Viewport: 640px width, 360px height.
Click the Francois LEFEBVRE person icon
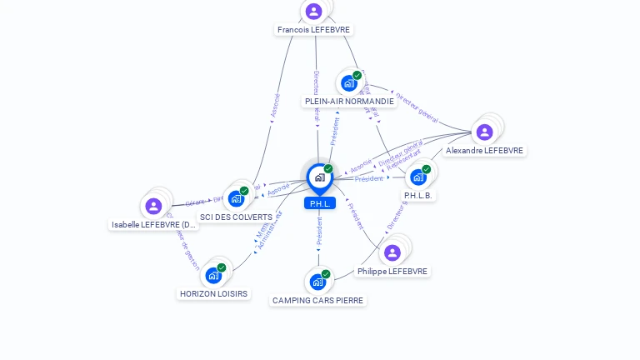[313, 11]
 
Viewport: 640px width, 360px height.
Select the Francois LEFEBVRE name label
[314, 29]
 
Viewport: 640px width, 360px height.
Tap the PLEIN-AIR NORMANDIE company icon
[348, 83]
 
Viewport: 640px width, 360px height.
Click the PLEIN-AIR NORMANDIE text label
[349, 102]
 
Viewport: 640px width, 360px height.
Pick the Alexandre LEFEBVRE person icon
[484, 132]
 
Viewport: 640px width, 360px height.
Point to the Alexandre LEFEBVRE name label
[484, 151]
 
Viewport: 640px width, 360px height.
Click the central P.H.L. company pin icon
[319, 177]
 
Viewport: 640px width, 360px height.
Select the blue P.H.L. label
[319, 203]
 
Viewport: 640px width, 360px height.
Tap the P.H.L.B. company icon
[417, 177]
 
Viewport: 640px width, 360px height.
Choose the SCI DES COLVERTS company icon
[236, 198]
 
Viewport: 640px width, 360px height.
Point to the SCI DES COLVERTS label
[236, 217]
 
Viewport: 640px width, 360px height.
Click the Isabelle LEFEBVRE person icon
[153, 206]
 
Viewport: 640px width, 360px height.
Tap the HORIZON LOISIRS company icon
[213, 275]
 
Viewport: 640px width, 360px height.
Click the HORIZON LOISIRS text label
[214, 293]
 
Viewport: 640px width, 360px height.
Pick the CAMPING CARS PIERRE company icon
[317, 282]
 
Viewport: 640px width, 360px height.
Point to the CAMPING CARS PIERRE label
[318, 300]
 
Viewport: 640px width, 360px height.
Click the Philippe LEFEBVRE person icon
[392, 252]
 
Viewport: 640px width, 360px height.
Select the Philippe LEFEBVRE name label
[392, 272]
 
